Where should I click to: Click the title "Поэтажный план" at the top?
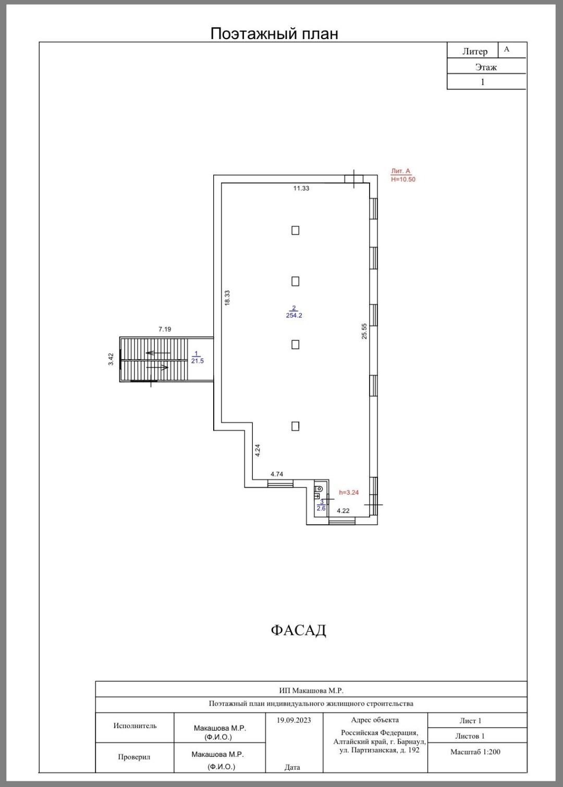coord(274,34)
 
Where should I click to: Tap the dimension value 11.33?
coord(301,188)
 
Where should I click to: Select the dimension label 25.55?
coord(364,331)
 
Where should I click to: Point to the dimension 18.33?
coord(227,298)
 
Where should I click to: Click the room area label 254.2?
coord(294,315)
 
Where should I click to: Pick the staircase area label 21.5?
coord(198,361)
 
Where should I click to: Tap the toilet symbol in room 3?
coord(319,488)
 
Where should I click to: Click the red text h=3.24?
coord(349,492)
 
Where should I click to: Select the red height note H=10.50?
coord(403,179)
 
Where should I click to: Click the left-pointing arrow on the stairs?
coord(158,353)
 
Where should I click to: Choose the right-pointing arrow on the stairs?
coord(157,367)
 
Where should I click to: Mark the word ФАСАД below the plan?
coord(298,630)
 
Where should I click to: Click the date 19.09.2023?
coord(294,720)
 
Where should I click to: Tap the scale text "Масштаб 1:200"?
coord(475,752)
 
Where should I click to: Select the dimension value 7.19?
coord(165,329)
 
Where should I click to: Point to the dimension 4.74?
coord(277,474)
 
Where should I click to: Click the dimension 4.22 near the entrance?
coord(344,510)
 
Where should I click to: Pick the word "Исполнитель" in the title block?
coord(135,725)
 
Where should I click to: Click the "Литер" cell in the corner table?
coord(475,51)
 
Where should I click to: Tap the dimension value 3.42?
coord(111,360)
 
